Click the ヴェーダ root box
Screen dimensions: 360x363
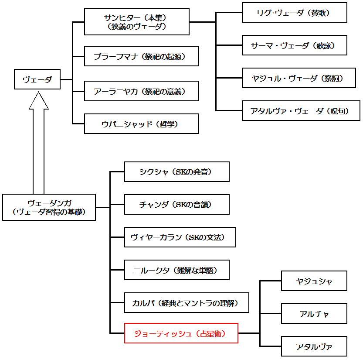point(37,79)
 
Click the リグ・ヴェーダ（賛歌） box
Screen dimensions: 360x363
point(294,13)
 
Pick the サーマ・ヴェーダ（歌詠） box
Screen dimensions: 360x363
point(294,45)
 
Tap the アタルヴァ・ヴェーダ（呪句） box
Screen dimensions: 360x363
point(301,110)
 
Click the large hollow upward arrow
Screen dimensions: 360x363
point(39,140)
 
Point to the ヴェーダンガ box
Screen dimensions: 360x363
point(49,207)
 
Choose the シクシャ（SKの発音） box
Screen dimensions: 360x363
point(176,171)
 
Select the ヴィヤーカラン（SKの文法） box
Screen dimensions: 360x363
point(180,237)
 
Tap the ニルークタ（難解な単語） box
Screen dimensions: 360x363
point(176,270)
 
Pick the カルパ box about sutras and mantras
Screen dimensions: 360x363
point(187,303)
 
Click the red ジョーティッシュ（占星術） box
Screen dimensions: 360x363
point(181,333)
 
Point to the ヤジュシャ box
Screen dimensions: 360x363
point(314,281)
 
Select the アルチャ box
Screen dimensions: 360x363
point(314,314)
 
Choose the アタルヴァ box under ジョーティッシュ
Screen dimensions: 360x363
point(314,346)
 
